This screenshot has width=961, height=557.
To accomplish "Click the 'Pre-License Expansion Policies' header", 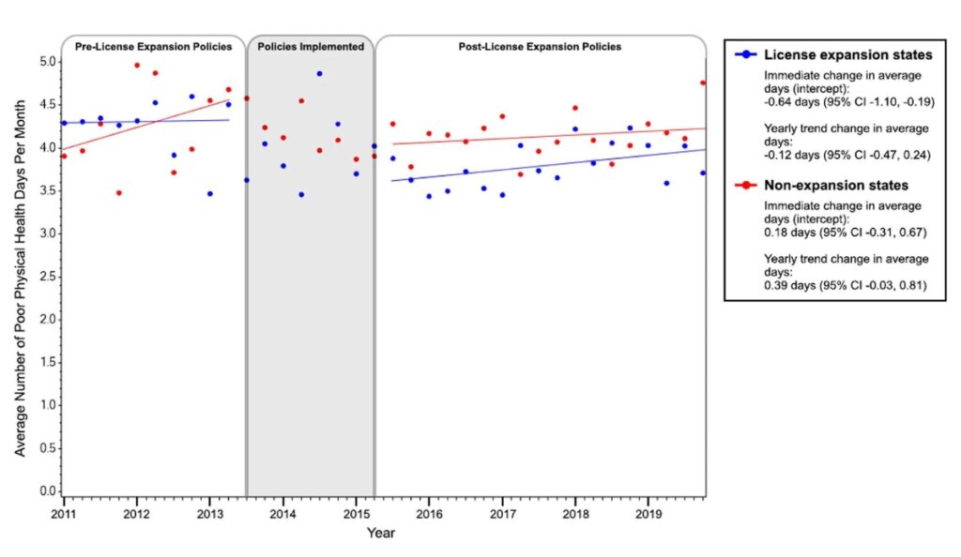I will [153, 46].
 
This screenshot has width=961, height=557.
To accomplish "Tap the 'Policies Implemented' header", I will [311, 46].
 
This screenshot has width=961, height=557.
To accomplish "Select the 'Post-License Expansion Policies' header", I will [540, 46].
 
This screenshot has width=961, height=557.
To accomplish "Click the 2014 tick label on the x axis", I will [283, 514].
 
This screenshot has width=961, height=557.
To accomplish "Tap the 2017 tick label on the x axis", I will [503, 514].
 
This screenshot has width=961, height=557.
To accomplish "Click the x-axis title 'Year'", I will [380, 533].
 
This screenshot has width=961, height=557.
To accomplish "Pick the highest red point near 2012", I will [137, 66].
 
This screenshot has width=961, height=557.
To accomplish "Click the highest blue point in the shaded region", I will [319, 73].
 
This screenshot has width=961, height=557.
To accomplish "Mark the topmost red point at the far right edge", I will [703, 83].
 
